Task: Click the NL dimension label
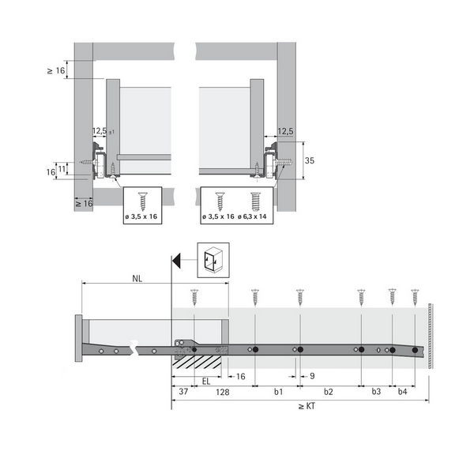137,278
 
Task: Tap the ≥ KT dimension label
307,406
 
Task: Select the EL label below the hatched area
206,382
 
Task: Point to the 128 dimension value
223,392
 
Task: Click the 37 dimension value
183,392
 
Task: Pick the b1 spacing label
278,392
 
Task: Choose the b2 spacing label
329,392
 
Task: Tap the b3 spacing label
376,392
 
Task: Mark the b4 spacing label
402,392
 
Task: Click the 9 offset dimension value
312,376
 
